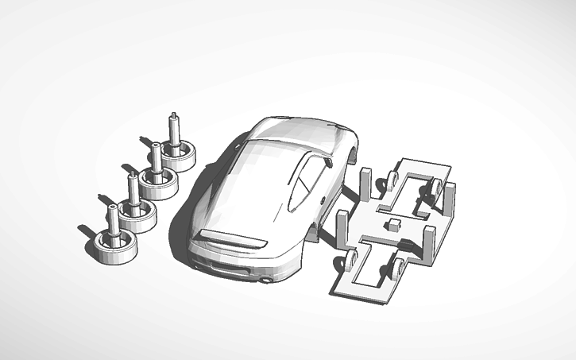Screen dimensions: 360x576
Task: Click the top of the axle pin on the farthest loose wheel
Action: [173, 117]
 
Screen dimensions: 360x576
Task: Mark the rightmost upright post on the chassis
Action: [450, 203]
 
